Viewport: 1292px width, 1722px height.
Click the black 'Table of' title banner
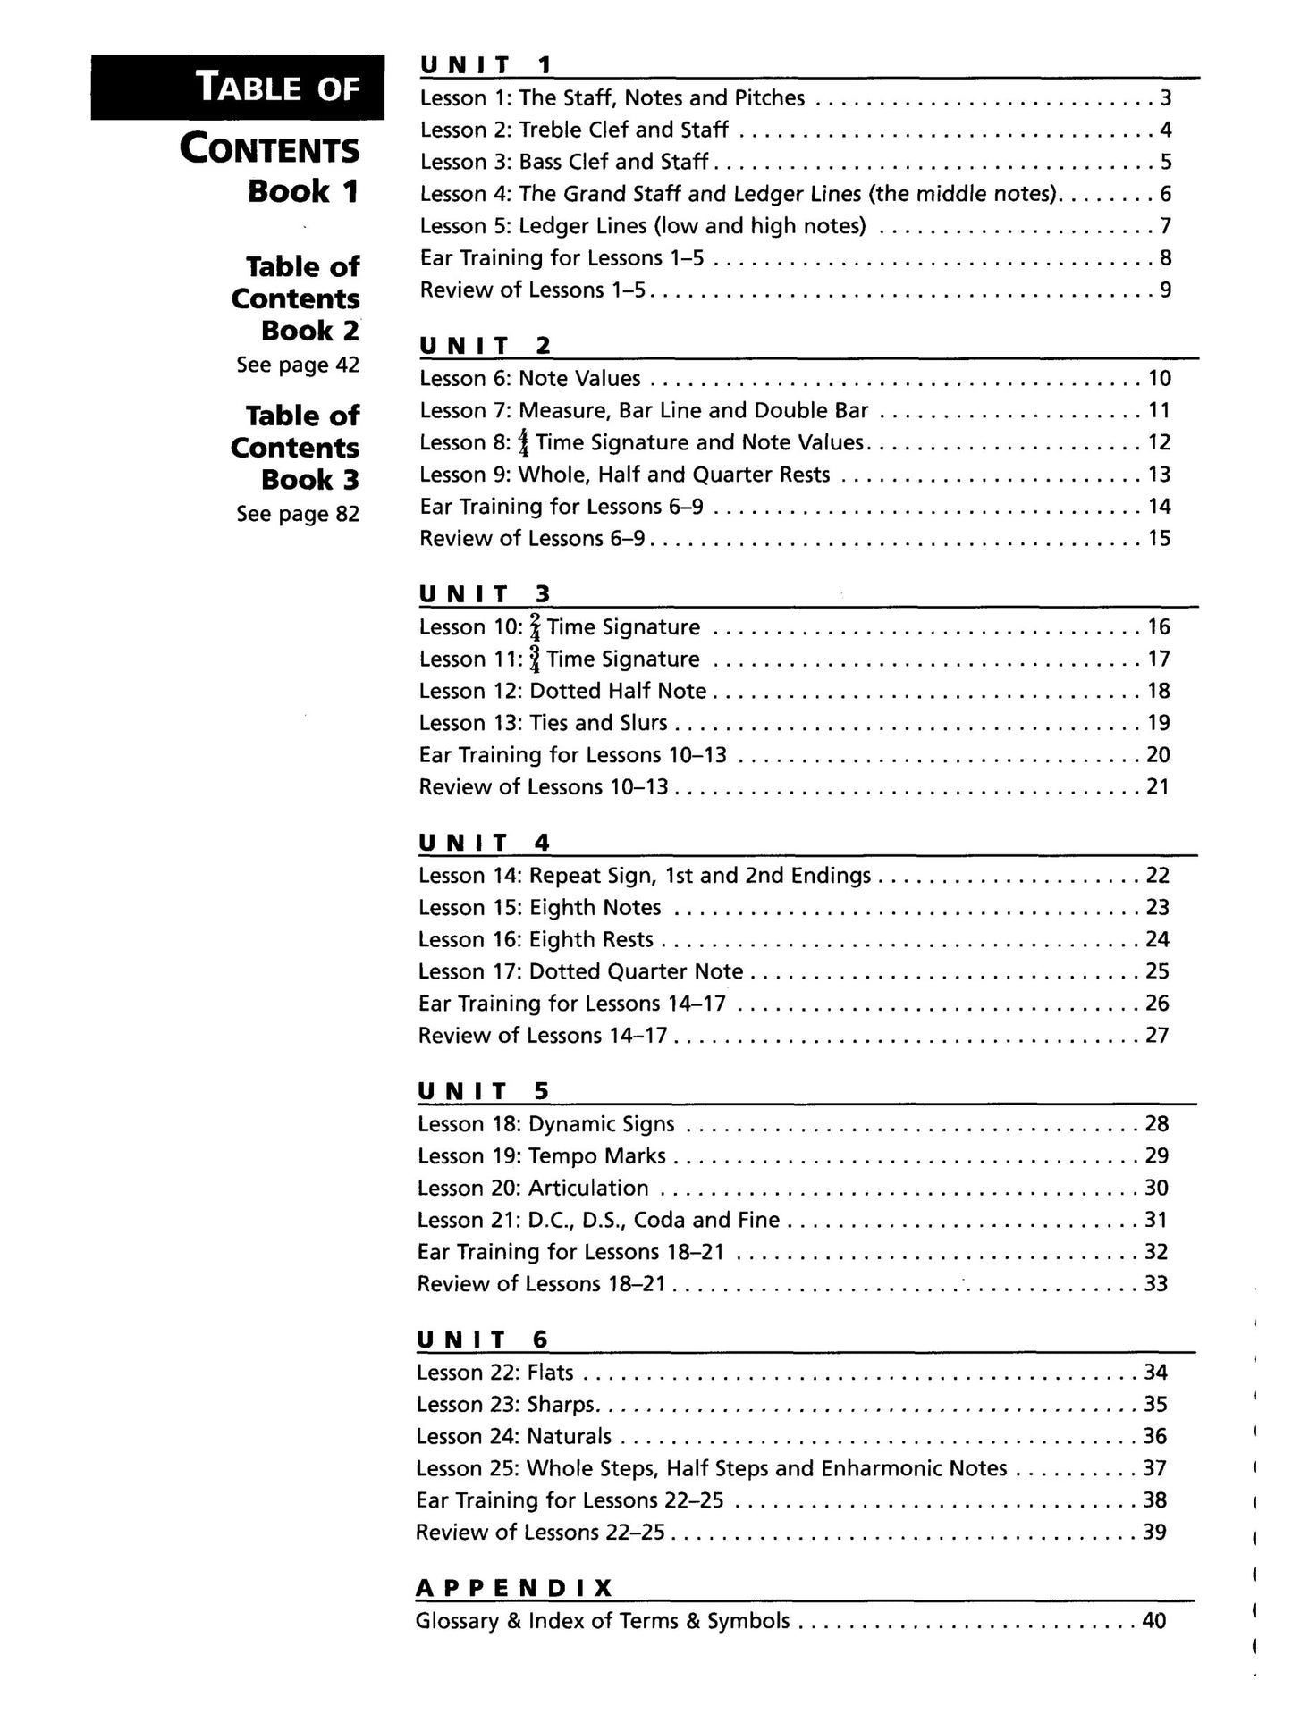(x=237, y=88)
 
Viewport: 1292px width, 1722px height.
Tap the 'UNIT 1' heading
(x=486, y=65)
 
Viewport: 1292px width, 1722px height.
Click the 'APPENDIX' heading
(x=514, y=1588)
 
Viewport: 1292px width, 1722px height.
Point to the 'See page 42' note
(x=298, y=365)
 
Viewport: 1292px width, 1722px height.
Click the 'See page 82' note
(x=298, y=514)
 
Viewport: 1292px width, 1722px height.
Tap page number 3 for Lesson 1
(x=1165, y=98)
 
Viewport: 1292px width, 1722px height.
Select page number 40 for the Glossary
(x=1154, y=1621)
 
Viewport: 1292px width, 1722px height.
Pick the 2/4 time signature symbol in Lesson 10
(x=535, y=627)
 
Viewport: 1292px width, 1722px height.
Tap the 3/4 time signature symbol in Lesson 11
(x=535, y=659)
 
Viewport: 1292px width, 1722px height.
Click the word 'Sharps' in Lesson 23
(x=561, y=1405)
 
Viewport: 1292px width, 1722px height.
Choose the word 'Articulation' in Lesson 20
(x=588, y=1189)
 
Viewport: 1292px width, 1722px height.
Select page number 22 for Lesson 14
(x=1157, y=876)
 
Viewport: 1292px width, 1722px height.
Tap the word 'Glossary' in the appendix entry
(x=457, y=1621)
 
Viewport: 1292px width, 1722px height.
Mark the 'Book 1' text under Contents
(x=303, y=191)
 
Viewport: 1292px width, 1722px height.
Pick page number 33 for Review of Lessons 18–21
(x=1156, y=1284)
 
